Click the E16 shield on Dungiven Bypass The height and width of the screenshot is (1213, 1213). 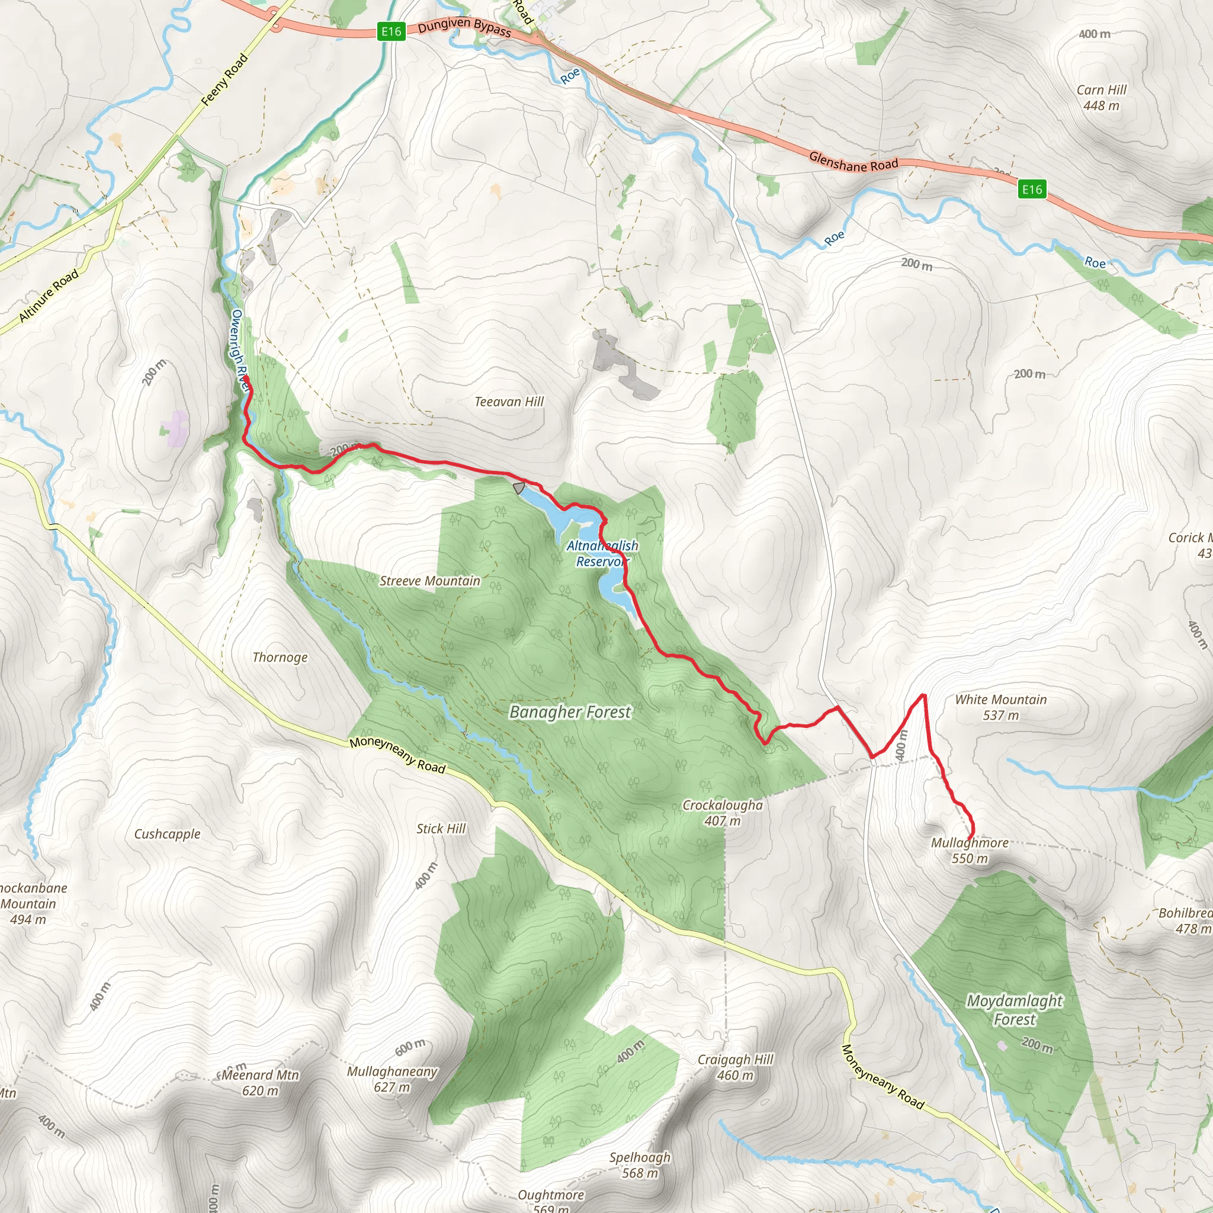point(391,31)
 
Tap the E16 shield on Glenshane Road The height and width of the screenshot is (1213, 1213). point(1032,189)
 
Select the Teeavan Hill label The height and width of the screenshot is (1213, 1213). point(509,402)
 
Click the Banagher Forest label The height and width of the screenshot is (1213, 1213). point(570,712)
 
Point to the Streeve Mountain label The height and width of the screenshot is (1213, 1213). point(429,582)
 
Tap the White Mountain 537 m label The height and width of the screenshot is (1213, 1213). point(1001,707)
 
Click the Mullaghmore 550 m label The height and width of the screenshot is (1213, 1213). point(970,850)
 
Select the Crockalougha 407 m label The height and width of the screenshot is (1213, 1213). point(723,813)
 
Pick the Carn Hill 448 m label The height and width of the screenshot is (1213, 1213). point(1101,97)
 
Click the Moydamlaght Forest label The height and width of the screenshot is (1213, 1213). point(1014,1010)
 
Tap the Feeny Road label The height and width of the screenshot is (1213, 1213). point(224,80)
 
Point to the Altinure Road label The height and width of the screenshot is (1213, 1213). point(49,295)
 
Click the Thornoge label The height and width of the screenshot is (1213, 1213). point(280,657)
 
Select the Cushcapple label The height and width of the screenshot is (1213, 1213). point(167,834)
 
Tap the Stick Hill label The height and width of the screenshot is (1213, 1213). point(441,829)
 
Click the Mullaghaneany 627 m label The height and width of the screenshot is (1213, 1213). point(393,1079)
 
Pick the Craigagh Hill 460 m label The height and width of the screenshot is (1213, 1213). point(735,1067)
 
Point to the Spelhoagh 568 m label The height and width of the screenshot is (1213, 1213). point(640,1164)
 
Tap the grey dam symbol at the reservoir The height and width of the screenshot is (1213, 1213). point(519,488)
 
